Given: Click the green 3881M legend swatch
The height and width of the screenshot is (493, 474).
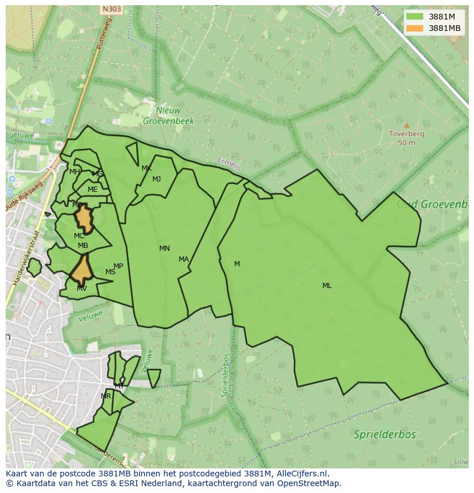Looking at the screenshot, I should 415,17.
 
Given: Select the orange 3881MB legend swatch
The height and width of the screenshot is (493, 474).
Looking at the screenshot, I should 415,28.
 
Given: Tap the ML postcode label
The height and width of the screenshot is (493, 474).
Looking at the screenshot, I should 327,286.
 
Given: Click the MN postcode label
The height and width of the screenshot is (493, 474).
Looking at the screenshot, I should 164,249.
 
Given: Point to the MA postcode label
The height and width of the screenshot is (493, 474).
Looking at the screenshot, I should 183,259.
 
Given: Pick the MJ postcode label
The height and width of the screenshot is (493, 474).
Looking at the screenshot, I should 156,179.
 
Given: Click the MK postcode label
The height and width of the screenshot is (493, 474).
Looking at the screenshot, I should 147,168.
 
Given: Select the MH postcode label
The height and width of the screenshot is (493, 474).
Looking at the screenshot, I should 74,172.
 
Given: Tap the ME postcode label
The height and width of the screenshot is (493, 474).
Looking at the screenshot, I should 92,190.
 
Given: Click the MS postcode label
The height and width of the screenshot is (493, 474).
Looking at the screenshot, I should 110,272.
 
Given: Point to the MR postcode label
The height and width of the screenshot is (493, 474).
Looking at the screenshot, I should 106,396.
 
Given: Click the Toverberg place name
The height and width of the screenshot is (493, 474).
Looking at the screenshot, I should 406,134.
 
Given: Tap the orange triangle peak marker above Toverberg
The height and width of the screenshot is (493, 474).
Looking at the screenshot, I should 406,125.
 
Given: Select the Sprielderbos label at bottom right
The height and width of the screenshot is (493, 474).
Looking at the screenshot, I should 385,435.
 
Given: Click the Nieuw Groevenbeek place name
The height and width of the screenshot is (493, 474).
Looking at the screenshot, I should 168,116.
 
